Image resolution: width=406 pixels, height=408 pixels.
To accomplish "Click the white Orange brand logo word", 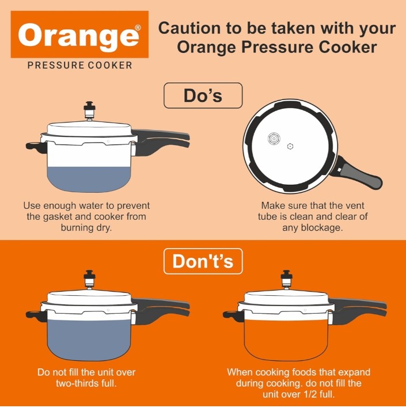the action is (x=78, y=35).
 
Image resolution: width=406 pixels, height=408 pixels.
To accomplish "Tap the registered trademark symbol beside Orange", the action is (x=138, y=27).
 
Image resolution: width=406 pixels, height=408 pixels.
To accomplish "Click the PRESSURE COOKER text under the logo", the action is (x=79, y=65).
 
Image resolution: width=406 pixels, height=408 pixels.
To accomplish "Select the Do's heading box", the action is (x=203, y=96).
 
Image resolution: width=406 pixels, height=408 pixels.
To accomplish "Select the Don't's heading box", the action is (x=203, y=261).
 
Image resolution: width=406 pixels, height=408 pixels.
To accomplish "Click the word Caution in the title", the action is (x=189, y=28).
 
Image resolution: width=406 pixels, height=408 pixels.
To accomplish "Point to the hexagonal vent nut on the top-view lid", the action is (x=274, y=139).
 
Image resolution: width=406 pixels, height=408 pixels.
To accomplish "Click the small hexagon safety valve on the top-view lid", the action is (x=290, y=147).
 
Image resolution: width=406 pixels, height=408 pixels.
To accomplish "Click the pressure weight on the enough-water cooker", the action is (x=89, y=110).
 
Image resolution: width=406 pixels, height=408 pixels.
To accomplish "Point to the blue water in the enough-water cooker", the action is (x=89, y=179).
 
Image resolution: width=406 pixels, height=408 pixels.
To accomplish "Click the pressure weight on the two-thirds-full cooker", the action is (x=89, y=280).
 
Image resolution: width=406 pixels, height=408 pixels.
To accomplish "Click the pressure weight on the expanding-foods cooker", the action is (x=286, y=280).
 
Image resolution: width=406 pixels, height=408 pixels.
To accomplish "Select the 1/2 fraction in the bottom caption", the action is (x=310, y=394).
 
